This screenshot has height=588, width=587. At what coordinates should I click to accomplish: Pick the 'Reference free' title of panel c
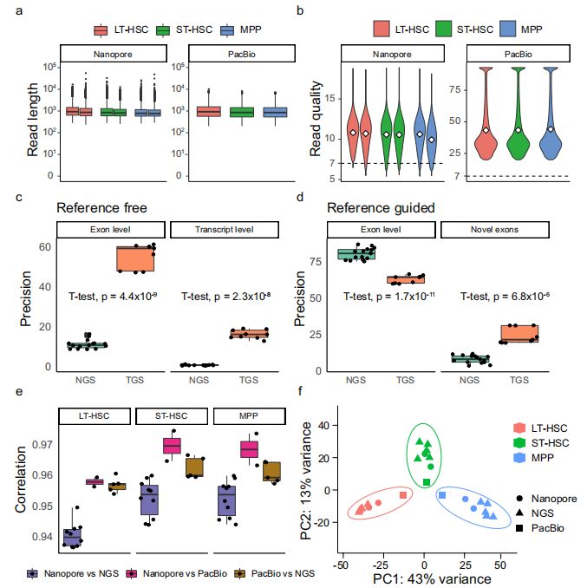[101, 208]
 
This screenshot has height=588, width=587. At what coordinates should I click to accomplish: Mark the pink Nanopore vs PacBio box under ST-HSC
[172, 445]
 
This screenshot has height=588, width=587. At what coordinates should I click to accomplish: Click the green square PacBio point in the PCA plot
[427, 482]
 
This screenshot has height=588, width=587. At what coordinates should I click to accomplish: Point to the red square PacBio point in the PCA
[403, 495]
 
